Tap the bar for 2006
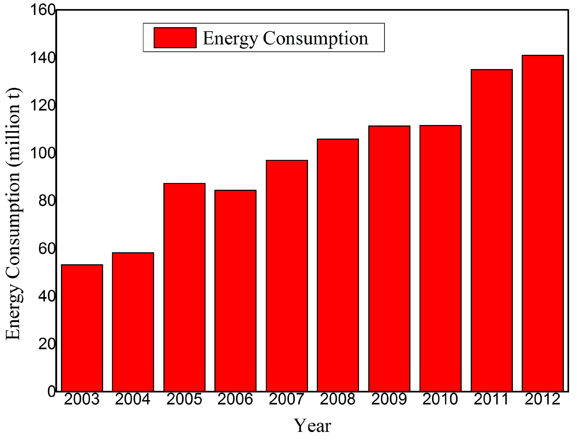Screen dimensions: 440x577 tap(235, 291)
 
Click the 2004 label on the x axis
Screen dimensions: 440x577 tap(133, 400)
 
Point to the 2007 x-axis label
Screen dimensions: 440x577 tap(286, 400)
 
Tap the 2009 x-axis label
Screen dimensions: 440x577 tap(389, 400)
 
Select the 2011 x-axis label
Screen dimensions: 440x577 tap(491, 400)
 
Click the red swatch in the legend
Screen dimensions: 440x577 tap(175, 38)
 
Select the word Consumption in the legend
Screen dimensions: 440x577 tap(315, 38)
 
